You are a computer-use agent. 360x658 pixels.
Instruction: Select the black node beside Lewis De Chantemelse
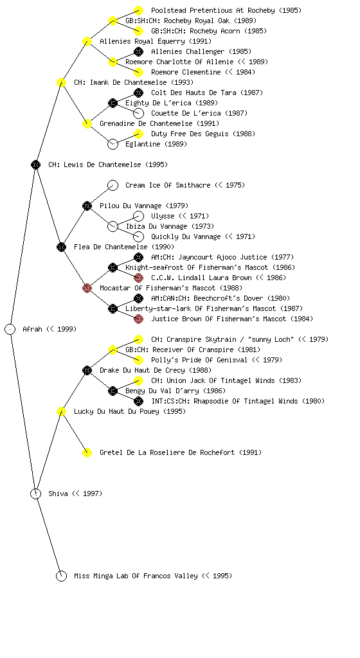(35, 165)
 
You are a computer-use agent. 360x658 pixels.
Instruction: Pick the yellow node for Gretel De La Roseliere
(87, 453)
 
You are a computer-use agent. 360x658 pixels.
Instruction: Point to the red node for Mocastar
(87, 289)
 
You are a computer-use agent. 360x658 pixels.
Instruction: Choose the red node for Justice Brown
(138, 319)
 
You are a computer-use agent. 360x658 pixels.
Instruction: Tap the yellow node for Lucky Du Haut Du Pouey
(61, 412)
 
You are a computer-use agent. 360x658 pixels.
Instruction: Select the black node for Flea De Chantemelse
(61, 247)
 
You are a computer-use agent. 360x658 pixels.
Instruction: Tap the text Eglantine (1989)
(156, 145)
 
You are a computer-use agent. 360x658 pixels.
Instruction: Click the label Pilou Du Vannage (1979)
(144, 206)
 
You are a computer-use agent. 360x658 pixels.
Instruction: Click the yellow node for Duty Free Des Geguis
(138, 134)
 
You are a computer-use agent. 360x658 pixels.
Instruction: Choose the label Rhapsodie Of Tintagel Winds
(246, 401)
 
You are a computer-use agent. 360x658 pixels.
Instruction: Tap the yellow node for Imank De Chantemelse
(61, 83)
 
